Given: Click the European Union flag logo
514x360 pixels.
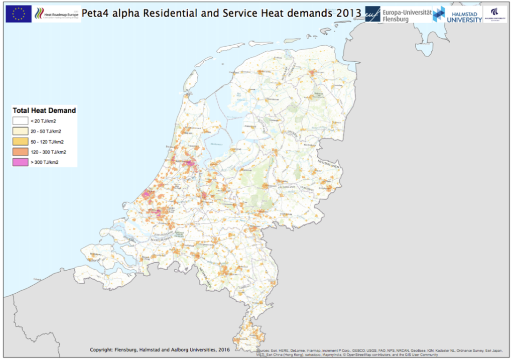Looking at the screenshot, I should [x=19, y=14].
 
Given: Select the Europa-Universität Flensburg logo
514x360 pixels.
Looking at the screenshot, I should [x=398, y=15].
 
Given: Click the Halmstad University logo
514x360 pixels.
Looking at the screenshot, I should [x=457, y=14].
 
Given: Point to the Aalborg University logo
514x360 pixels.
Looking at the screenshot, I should [x=494, y=14].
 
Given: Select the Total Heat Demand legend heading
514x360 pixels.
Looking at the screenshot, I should [x=44, y=110].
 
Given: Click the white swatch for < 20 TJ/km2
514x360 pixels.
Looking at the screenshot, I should [x=21, y=121].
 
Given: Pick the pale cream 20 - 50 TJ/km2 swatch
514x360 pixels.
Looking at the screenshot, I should [x=21, y=131].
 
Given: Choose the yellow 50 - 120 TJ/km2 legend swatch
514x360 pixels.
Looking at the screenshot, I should [x=21, y=142].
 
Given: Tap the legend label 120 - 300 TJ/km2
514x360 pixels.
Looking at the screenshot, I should [x=48, y=152].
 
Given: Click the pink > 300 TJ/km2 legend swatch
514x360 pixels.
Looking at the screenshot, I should [x=21, y=162].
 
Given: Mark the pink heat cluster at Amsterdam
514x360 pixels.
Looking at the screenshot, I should [x=189, y=163].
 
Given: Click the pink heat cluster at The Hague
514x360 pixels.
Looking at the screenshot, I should [x=147, y=192].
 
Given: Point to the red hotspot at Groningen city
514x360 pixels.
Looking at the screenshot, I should [x=313, y=73].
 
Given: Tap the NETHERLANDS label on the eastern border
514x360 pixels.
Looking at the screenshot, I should [x=329, y=163].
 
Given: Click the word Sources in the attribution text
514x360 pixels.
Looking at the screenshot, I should [x=264, y=350].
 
